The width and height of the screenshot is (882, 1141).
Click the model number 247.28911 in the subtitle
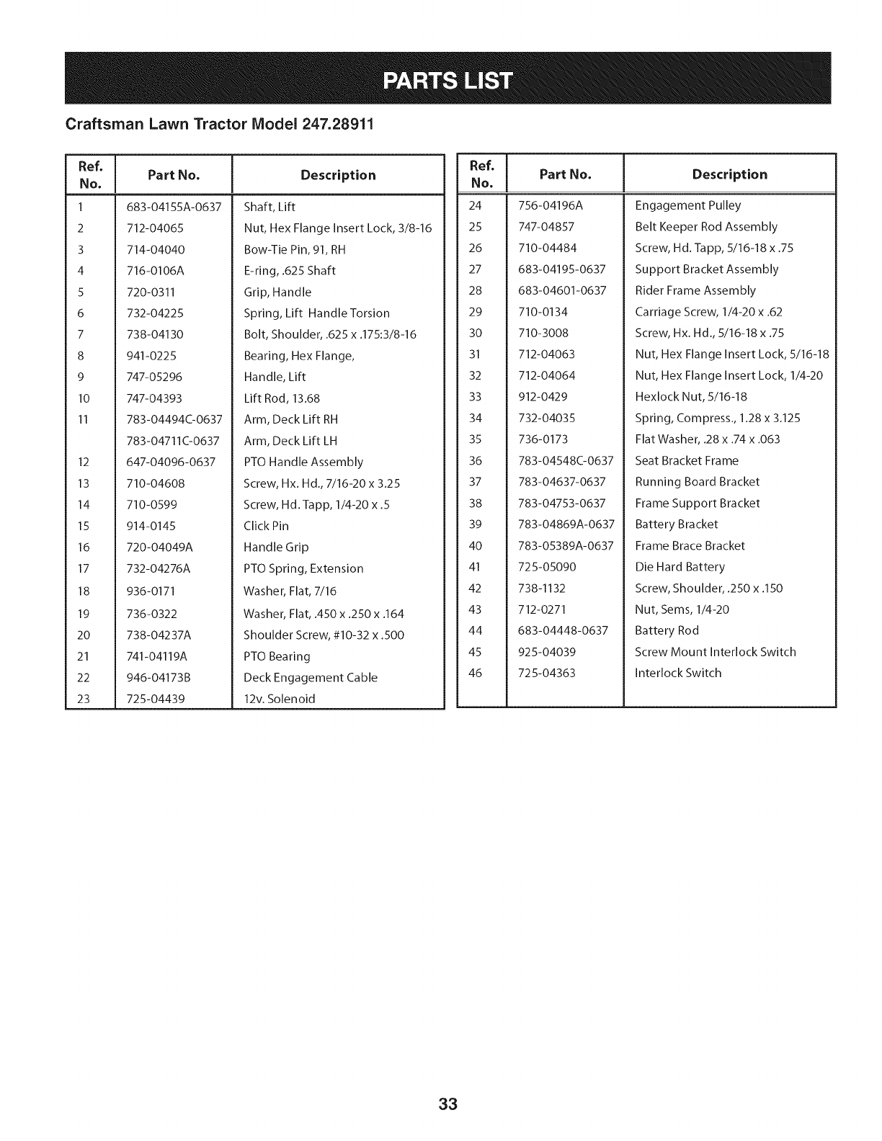[x=338, y=124]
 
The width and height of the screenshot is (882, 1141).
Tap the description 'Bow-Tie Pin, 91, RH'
[x=295, y=250]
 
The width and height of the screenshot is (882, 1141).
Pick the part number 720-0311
[x=151, y=292]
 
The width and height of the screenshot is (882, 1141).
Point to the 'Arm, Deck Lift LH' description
[x=290, y=441]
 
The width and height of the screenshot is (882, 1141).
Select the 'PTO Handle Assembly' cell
[x=303, y=462]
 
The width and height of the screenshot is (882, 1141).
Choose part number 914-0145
[x=151, y=526]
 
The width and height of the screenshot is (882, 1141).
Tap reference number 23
[x=84, y=699]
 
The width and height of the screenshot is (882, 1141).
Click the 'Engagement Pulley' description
[x=687, y=205]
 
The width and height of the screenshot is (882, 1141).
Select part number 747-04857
[x=546, y=227]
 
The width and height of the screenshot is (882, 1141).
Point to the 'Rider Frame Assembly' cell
[x=695, y=290]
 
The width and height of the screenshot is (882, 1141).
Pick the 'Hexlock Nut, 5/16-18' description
[x=690, y=397]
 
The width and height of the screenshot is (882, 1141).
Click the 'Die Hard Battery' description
[x=680, y=567]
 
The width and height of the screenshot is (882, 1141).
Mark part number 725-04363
[x=547, y=673]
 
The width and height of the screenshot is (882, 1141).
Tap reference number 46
[x=475, y=673]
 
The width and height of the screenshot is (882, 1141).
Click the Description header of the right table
[x=729, y=174]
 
